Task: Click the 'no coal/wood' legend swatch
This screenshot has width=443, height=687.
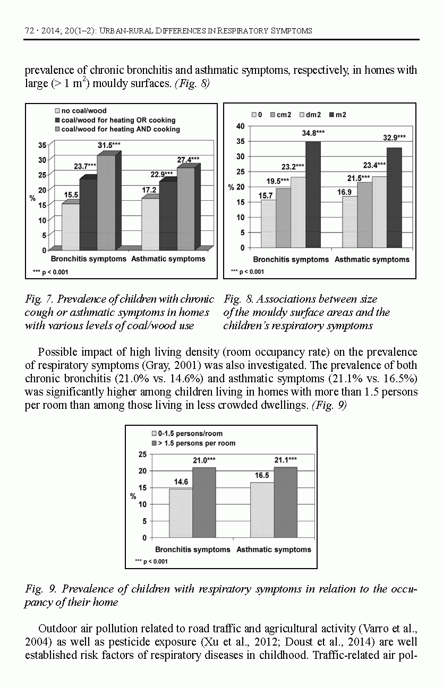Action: (56, 111)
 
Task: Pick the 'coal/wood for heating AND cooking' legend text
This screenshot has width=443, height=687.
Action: (121, 129)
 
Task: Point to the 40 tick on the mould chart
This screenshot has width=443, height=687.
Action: (240, 126)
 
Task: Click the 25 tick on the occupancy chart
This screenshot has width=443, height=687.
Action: (142, 454)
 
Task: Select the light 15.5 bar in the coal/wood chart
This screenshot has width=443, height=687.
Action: (71, 227)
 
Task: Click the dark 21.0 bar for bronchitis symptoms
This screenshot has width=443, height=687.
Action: (204, 502)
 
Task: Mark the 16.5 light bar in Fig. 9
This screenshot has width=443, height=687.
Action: (261, 510)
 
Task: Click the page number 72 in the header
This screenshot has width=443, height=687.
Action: (30, 31)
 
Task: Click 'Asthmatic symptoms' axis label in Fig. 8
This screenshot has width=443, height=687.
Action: (372, 260)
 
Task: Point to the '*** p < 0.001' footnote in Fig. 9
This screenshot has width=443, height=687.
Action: (151, 561)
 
